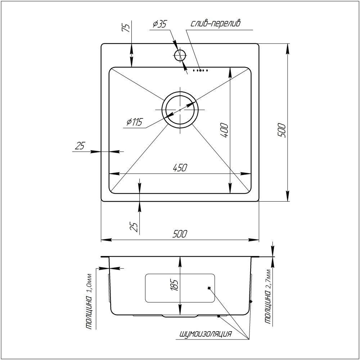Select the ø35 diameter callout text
(159, 24)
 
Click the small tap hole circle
(180, 55)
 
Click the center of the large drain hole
(180, 109)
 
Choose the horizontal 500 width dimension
(180, 234)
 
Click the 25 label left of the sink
(80, 146)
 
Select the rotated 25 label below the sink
(134, 227)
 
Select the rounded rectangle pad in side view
(180, 288)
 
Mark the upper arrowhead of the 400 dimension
(230, 71)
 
